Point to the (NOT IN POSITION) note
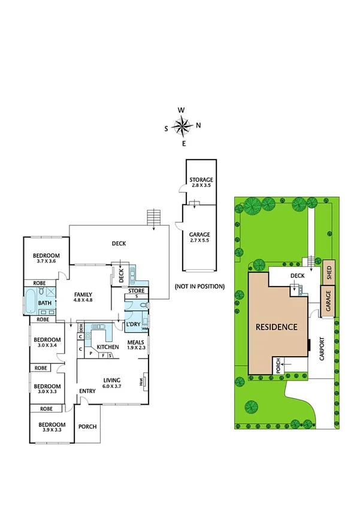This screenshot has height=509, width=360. click(199, 287)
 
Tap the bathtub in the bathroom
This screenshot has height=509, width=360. click(30, 302)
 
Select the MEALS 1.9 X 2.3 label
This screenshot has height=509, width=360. click(136, 345)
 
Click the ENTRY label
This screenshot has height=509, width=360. click(87, 391)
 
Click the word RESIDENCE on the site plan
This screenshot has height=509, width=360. click(276, 327)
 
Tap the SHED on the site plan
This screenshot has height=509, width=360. click(328, 273)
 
